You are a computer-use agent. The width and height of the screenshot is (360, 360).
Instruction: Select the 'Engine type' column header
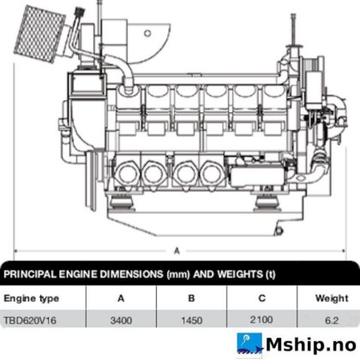click(32, 298)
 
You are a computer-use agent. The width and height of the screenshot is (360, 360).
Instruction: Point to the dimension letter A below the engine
click(177, 251)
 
